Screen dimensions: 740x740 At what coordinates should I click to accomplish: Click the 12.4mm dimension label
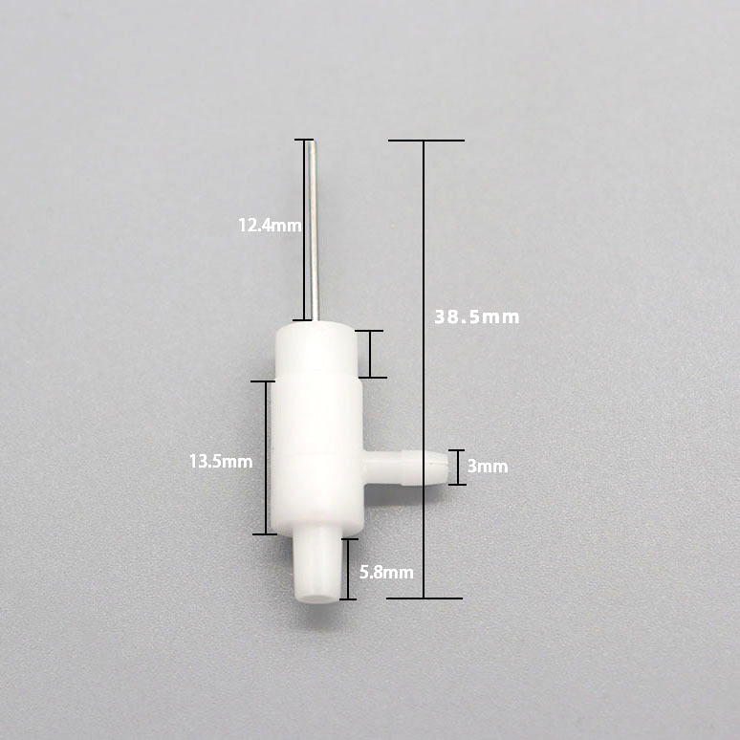[270, 225]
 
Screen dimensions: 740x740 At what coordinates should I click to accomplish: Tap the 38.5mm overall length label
[477, 316]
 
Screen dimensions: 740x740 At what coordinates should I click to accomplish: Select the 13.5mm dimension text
[221, 461]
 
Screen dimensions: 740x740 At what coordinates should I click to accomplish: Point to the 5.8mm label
[386, 573]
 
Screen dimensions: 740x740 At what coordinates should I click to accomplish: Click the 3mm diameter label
[488, 467]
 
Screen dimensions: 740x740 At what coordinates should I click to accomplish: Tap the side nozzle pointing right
[404, 468]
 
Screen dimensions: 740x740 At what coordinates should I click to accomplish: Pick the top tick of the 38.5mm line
[426, 141]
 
